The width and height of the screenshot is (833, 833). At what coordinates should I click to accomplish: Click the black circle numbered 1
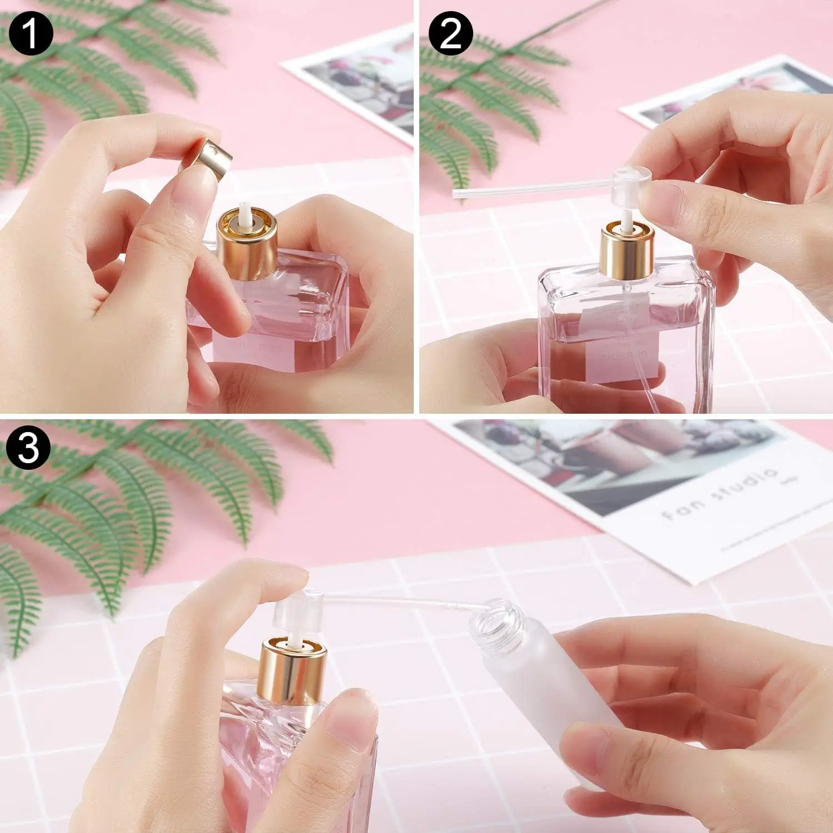[x=30, y=33]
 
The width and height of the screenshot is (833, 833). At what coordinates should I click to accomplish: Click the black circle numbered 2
[x=450, y=33]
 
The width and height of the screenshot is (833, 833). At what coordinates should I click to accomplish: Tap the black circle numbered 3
[x=29, y=448]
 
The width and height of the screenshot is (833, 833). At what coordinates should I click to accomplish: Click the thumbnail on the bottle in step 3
[x=347, y=716]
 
